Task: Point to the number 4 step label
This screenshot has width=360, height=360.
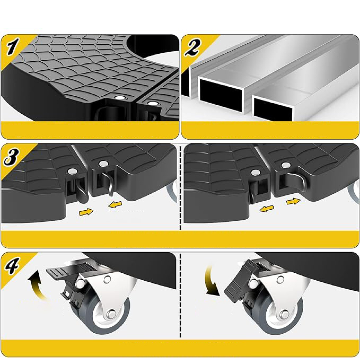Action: (x=12, y=265)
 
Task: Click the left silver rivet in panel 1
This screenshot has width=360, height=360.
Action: (x=120, y=97)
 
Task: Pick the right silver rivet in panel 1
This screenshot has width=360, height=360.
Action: (x=152, y=103)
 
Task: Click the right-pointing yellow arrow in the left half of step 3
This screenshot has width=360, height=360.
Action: (x=86, y=212)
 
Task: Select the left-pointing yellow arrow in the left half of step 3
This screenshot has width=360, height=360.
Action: (x=115, y=205)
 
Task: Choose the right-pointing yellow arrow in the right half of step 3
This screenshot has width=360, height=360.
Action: (x=293, y=201)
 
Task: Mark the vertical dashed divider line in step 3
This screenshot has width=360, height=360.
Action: (x=180, y=188)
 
